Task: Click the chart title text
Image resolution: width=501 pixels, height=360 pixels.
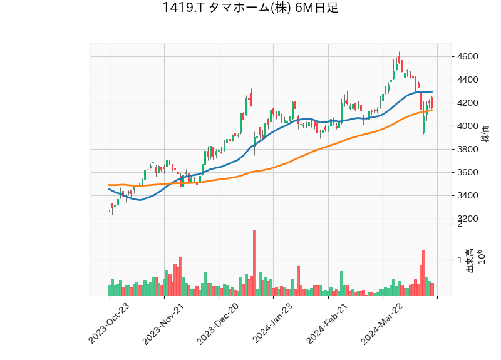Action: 250,8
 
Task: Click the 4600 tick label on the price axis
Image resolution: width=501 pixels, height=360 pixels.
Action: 468,57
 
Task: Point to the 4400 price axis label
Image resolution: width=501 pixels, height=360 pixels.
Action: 468,80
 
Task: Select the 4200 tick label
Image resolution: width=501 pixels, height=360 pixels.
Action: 468,103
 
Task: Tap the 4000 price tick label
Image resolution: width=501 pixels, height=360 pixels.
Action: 468,126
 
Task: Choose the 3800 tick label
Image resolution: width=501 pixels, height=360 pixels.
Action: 468,150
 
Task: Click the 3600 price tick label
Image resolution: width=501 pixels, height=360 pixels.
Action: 468,173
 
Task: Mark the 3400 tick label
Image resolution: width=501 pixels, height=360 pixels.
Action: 468,196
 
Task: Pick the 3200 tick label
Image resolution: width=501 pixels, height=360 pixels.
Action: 468,219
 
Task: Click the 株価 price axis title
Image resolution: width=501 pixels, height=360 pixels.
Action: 485,133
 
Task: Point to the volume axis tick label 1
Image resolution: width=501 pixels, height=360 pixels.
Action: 460,260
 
